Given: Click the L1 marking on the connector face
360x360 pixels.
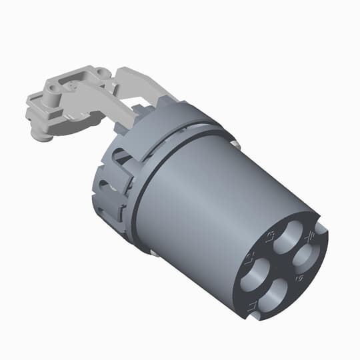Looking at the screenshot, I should (252, 305).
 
